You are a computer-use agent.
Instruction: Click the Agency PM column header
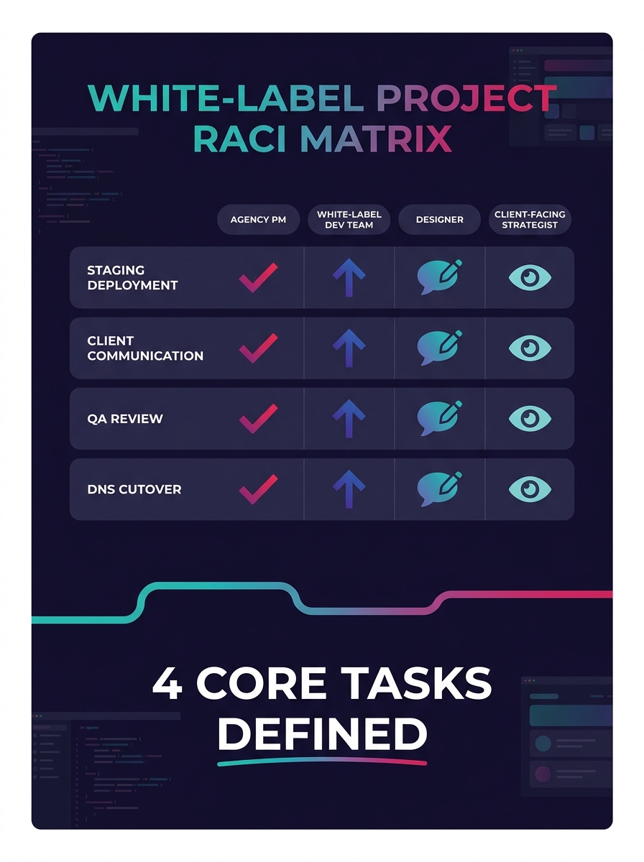point(258,220)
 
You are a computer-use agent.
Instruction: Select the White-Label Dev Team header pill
point(349,220)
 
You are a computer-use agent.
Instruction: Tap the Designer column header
point(439,220)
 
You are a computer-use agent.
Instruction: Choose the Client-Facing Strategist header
point(530,220)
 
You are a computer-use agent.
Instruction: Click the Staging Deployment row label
point(132,277)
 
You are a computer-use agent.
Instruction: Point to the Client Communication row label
point(145,348)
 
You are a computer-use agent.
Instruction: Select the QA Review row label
point(125,419)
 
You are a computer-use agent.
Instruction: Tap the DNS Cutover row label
point(134,489)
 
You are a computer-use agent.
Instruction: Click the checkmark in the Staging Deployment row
point(258,277)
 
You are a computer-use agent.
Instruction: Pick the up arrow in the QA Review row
point(349,419)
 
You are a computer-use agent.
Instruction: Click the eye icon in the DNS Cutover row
point(530,489)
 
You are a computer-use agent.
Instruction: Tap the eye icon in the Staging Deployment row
point(530,277)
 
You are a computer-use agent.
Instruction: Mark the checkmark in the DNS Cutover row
point(258,489)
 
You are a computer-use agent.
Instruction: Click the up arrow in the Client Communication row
point(349,348)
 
